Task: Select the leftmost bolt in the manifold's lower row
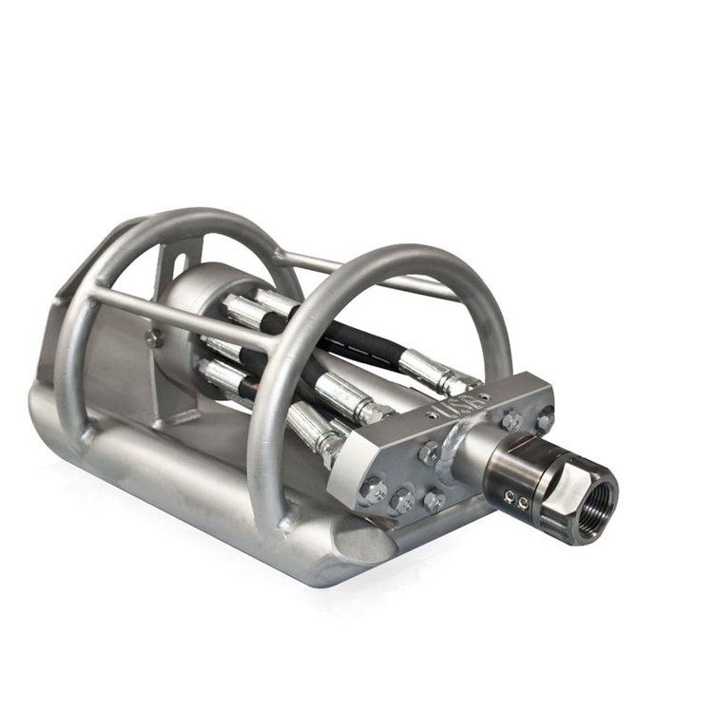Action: [x=376, y=491]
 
